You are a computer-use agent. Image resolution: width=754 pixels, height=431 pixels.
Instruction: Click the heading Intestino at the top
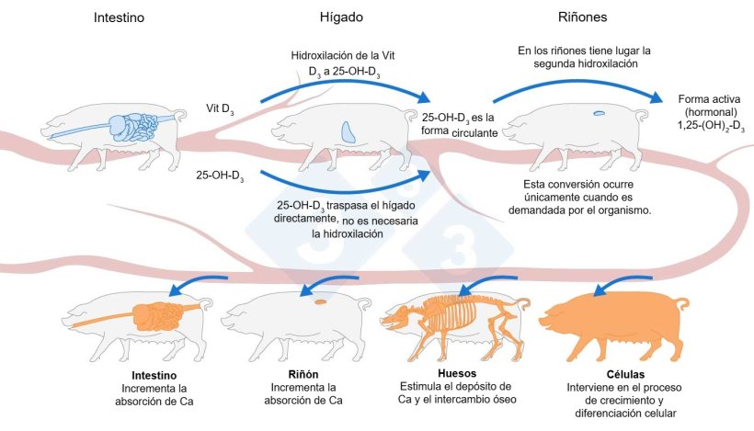click(x=118, y=18)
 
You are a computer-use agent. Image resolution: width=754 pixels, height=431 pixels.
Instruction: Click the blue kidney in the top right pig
click(x=600, y=113)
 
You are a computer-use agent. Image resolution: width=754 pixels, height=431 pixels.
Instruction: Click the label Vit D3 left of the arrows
click(x=219, y=108)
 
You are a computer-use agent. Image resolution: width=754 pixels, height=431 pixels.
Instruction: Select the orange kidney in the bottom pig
click(x=321, y=301)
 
